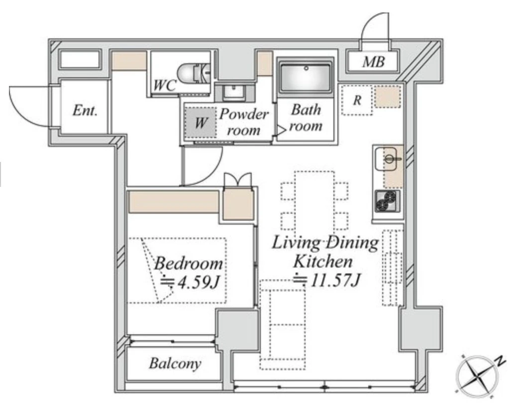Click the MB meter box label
[374, 62]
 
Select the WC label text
[165, 85]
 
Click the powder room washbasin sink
[234, 93]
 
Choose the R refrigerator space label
[357, 100]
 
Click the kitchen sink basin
[386, 159]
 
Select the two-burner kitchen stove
[387, 200]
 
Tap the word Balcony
[175, 364]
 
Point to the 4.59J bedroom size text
[190, 282]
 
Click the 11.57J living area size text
[326, 279]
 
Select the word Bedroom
[189, 263]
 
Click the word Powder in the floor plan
[244, 114]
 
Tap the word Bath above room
[306, 110]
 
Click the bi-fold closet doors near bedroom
[238, 180]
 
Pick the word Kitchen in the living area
[323, 261]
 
